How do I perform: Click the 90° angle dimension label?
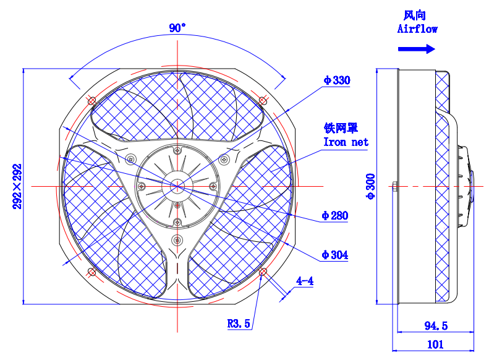(177, 28)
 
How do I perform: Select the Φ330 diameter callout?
(336, 80)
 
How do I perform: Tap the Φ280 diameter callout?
(334, 216)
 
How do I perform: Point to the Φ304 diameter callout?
(334, 255)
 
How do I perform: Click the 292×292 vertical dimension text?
(17, 186)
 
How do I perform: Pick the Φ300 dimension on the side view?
(370, 186)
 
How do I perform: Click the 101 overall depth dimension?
(436, 344)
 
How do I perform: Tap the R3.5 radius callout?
(239, 323)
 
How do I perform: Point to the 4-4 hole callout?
(305, 281)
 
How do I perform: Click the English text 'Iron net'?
(346, 142)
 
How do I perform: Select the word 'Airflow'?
(417, 29)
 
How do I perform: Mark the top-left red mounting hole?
(91, 100)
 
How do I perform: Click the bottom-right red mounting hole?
(263, 272)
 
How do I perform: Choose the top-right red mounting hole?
(263, 100)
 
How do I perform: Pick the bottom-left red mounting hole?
(91, 272)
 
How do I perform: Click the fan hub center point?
(177, 186)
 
